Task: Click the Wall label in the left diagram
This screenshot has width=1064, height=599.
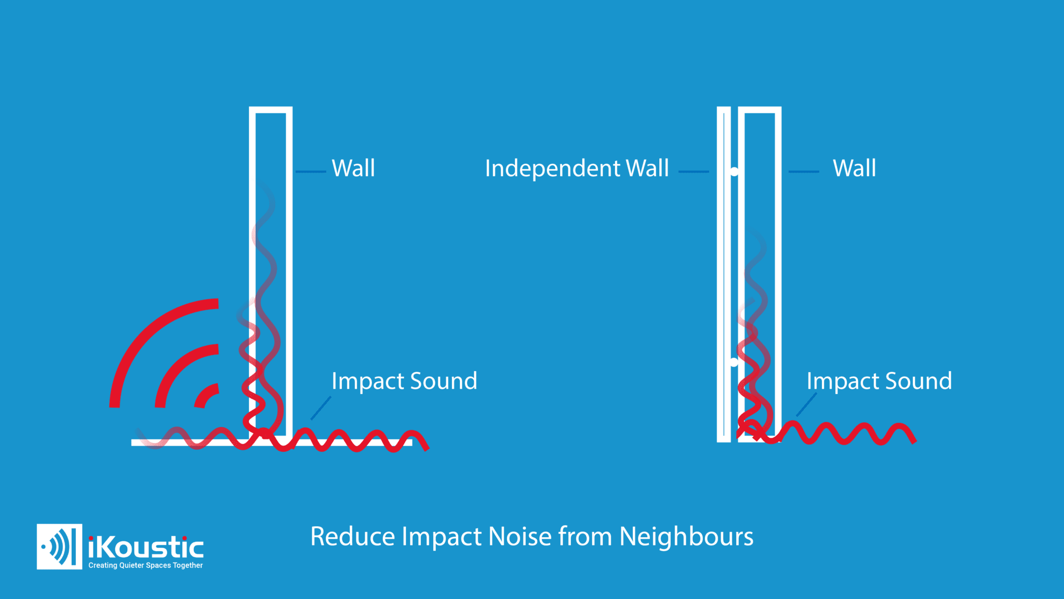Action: click(x=353, y=168)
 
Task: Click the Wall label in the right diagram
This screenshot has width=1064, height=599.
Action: click(x=854, y=168)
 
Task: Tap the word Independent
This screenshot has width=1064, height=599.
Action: click(x=552, y=168)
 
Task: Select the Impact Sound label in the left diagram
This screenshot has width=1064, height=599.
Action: click(x=404, y=381)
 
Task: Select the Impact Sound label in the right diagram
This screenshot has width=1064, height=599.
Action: click(x=879, y=381)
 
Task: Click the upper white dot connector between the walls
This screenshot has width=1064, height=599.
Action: click(x=734, y=171)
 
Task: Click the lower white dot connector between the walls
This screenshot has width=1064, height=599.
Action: click(x=734, y=362)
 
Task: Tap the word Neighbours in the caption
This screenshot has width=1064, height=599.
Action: click(x=686, y=537)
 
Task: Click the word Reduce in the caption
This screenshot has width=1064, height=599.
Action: click(x=353, y=537)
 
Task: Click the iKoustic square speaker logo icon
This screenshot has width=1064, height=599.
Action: click(x=59, y=546)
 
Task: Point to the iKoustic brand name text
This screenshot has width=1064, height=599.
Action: click(x=146, y=547)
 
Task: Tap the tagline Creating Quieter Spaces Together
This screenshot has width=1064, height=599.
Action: click(x=145, y=565)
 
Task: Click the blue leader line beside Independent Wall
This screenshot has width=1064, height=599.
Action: click(x=694, y=171)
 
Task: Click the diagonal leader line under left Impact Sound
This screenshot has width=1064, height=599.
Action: click(x=321, y=408)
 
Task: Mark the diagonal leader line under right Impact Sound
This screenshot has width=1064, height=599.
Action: click(x=806, y=405)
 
